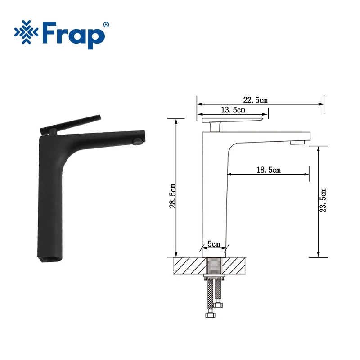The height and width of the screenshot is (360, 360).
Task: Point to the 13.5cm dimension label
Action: (233, 110)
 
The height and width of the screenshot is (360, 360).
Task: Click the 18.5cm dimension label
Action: (268, 170)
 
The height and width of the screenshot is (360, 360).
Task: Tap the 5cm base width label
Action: (213, 244)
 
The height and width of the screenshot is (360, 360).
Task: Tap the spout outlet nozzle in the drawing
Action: (297, 143)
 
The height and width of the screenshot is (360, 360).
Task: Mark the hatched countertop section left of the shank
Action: (187, 265)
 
